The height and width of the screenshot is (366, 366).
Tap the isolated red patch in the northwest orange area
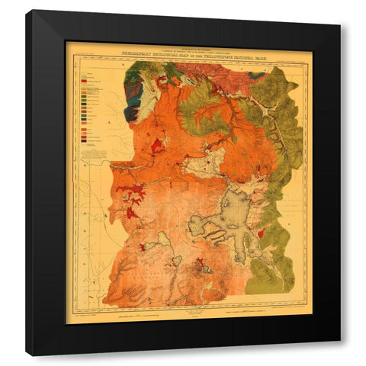[x=158, y=145]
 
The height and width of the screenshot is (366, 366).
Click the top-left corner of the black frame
[x=27, y=11]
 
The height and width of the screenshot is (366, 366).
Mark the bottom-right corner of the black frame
[x=340, y=355]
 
